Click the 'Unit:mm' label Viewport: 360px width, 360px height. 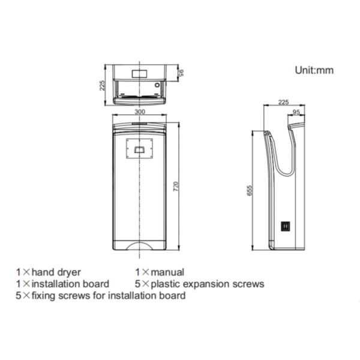(314, 70)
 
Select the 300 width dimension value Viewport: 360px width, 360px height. (140, 112)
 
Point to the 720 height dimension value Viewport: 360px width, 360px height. (176, 187)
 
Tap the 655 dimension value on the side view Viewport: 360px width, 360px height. (250, 190)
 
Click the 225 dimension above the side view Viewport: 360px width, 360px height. (283, 102)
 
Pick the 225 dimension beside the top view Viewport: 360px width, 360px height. (102, 85)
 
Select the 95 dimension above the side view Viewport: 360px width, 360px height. (296, 112)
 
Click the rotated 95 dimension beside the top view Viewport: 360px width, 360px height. (181, 73)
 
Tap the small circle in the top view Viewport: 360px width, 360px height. (157, 85)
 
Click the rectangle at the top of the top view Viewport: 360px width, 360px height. (140, 73)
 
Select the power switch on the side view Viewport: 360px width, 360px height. (286, 226)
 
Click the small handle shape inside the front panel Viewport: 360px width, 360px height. (139, 149)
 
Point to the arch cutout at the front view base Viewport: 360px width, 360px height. (140, 245)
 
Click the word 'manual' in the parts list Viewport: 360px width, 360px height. (167, 272)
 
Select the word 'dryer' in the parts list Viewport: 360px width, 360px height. (69, 273)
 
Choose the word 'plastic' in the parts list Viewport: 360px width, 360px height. (166, 284)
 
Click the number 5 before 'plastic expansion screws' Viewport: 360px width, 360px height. (137, 284)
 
